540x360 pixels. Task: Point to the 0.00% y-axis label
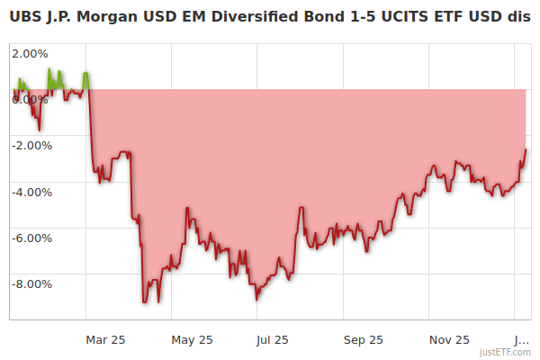click(31, 99)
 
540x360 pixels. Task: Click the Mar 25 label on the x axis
click(105, 339)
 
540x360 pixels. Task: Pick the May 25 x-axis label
click(192, 339)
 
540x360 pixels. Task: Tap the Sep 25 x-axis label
click(363, 339)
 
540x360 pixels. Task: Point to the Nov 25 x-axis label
click(449, 339)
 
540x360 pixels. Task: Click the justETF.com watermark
click(505, 352)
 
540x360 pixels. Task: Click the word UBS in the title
click(25, 17)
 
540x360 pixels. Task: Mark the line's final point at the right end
click(526, 149)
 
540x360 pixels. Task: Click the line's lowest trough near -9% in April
click(144, 301)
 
